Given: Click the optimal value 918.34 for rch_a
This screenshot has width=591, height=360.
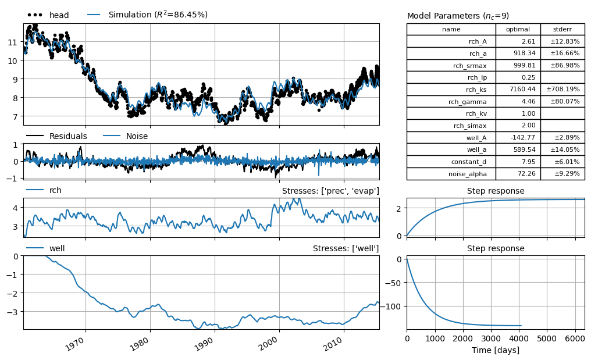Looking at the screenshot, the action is tap(524, 53).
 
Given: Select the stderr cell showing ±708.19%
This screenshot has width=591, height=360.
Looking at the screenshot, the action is tap(562, 90).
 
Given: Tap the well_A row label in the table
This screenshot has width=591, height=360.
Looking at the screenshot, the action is tap(476, 138).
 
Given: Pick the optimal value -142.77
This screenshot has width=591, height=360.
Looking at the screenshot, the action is tap(523, 138).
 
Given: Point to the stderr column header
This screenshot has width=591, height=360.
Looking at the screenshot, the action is tap(562, 29).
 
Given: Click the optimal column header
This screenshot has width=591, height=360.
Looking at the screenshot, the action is tap(518, 29).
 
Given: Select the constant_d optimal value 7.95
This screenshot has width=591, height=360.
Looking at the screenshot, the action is tap(528, 162).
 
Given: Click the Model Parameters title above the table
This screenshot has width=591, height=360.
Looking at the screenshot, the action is tap(458, 16).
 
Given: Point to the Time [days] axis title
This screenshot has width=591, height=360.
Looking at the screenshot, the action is tap(495, 350).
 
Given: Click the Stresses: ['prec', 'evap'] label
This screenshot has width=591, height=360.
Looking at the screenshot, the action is tap(330, 191).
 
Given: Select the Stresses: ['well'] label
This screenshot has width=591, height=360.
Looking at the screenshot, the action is tap(346, 248).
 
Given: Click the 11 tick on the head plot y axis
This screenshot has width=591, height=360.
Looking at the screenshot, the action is tap(12, 42).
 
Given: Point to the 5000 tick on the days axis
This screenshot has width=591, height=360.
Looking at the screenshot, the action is tap(547, 338).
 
